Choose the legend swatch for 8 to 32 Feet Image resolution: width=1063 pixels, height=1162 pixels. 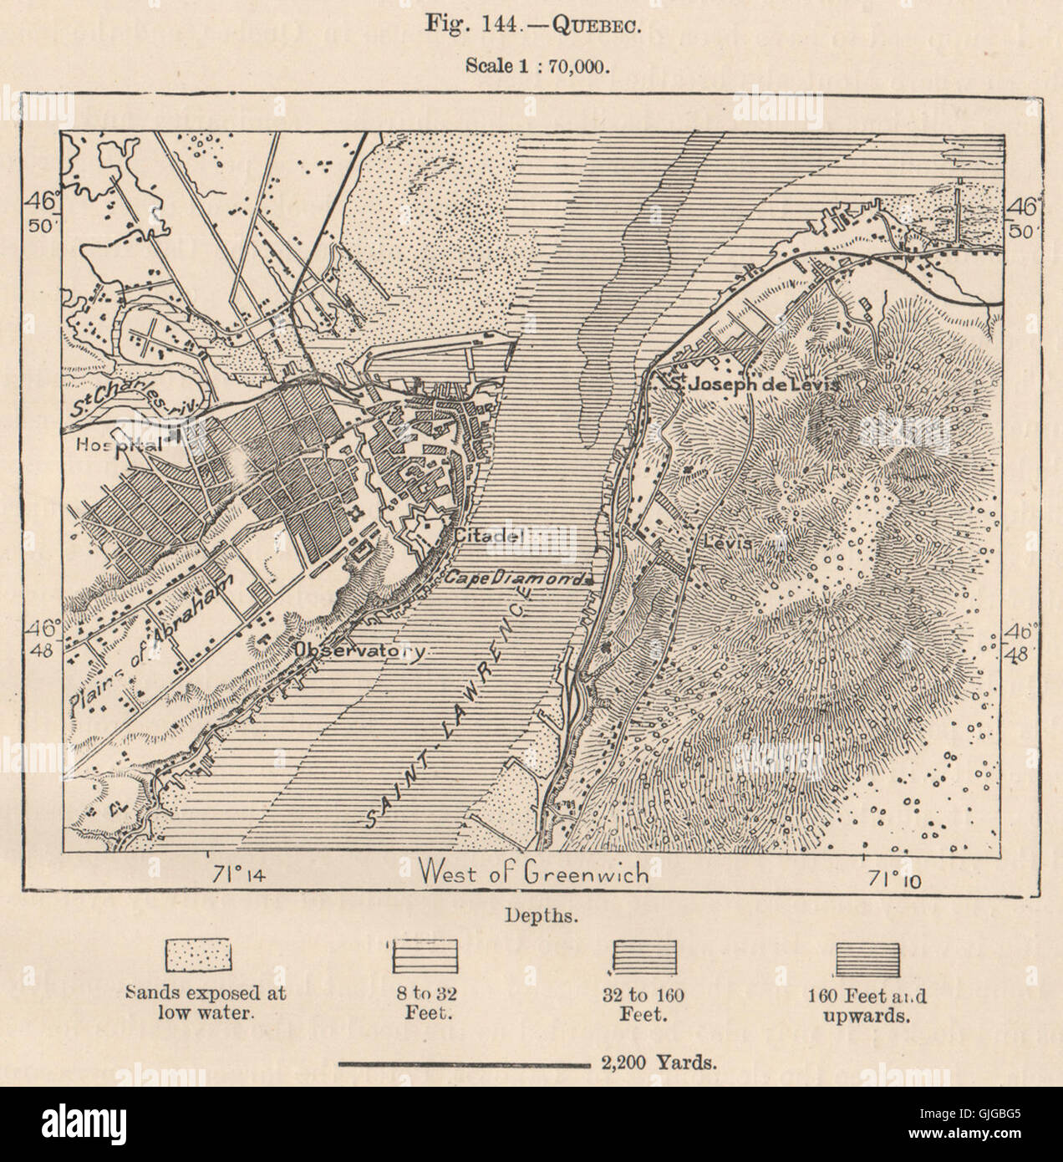(423, 956)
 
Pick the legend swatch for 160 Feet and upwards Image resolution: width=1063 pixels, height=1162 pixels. (868, 956)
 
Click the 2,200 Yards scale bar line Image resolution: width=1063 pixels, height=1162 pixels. (464, 1064)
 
